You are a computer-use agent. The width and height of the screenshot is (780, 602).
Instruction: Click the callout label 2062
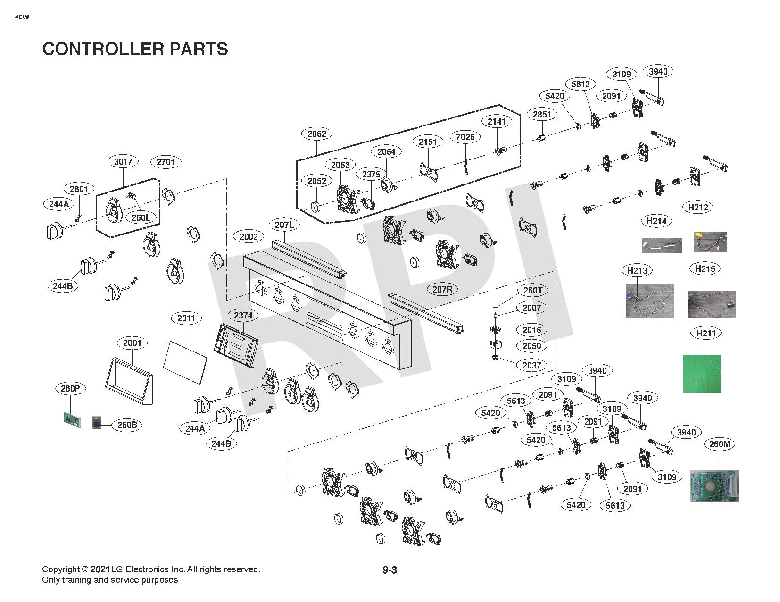[x=316, y=134]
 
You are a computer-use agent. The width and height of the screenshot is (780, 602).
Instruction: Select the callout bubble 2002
[x=249, y=236]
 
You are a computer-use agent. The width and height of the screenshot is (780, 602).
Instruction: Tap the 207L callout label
[x=284, y=225]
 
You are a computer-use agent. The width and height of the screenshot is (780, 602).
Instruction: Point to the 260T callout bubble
[x=533, y=291]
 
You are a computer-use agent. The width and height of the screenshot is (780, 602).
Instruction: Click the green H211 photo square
[x=702, y=373]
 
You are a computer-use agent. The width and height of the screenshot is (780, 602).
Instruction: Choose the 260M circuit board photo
[x=714, y=486]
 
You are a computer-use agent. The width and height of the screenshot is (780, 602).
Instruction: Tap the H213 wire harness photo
[x=650, y=301]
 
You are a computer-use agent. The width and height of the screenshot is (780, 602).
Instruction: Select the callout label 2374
[x=243, y=316]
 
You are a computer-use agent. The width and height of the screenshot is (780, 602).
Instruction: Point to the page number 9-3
[x=390, y=570]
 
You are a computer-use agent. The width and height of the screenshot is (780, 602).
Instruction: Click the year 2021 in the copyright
[x=100, y=569]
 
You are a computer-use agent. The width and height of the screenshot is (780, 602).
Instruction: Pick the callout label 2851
[x=542, y=115]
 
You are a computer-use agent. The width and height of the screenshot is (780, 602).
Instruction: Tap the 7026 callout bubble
[x=465, y=137]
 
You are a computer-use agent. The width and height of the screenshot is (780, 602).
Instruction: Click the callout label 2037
[x=531, y=366]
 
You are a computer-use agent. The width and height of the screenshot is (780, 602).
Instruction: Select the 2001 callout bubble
[x=132, y=343]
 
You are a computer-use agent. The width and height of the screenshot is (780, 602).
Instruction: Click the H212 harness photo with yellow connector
[x=710, y=242]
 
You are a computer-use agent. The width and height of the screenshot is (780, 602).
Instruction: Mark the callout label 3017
[x=123, y=161]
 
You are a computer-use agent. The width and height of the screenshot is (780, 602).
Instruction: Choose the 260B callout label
[x=127, y=425]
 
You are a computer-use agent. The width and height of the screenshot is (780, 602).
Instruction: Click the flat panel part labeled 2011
[x=185, y=362]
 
